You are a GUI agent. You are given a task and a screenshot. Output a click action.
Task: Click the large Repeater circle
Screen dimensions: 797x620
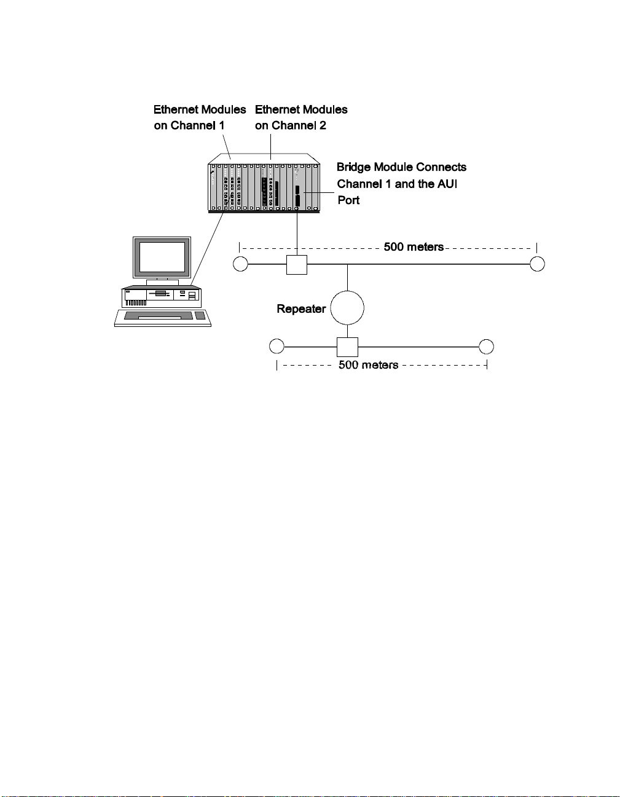click(347, 308)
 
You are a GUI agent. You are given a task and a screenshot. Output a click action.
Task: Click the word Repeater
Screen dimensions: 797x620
click(301, 308)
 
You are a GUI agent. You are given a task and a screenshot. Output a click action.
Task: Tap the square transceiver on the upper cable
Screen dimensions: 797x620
click(297, 264)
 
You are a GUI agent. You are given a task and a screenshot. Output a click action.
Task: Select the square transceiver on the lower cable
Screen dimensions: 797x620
click(347, 347)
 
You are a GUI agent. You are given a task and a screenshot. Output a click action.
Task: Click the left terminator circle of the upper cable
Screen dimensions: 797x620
click(240, 264)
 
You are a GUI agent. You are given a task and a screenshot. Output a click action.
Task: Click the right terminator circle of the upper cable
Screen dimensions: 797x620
click(537, 264)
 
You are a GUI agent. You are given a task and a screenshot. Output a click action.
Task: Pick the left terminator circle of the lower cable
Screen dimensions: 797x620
click(277, 347)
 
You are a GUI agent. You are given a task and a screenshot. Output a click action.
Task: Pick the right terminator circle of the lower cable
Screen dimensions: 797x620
click(486, 347)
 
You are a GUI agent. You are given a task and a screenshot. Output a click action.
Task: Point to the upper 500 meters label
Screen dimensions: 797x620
click(414, 247)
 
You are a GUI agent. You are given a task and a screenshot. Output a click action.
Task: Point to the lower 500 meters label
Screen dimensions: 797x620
click(368, 365)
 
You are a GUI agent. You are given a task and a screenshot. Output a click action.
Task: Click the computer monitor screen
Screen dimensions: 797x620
click(162, 257)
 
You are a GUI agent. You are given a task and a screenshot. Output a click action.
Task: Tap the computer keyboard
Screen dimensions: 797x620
click(163, 317)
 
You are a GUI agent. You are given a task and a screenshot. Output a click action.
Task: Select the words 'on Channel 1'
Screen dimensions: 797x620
click(189, 125)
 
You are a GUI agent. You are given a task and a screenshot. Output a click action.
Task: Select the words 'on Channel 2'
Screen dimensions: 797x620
click(291, 125)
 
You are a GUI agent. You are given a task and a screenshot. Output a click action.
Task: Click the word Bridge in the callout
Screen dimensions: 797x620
click(353, 167)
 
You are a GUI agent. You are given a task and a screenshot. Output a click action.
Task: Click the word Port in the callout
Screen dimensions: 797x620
click(348, 200)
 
